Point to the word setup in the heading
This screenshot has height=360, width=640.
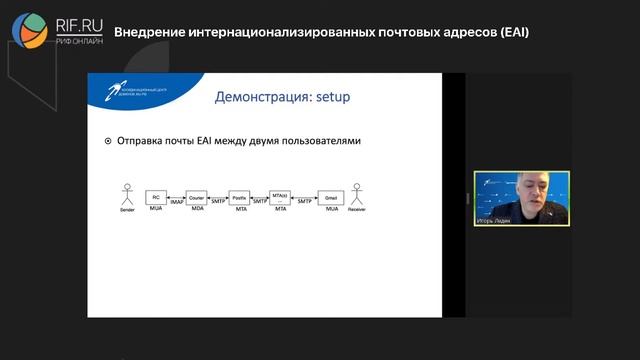coord(339,97)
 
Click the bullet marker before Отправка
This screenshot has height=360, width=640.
coord(108,141)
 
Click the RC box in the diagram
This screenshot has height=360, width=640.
coord(155,197)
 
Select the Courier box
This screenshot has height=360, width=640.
coord(197,197)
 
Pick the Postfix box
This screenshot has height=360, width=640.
coord(239,197)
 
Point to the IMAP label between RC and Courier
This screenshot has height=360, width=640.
coord(175,203)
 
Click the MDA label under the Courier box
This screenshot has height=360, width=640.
coord(197,212)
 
